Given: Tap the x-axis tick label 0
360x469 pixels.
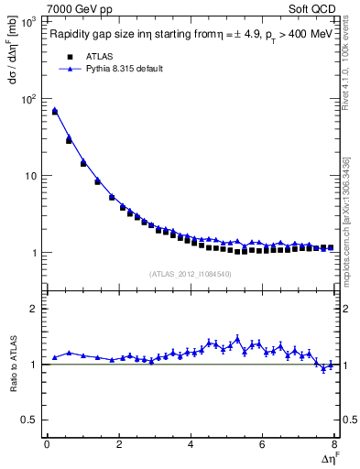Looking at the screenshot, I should [x=47, y=445].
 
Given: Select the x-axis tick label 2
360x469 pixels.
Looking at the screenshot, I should [x=119, y=445].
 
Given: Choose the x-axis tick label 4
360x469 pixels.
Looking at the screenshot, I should [x=191, y=445].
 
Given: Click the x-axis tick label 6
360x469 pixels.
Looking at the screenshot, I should [x=263, y=445].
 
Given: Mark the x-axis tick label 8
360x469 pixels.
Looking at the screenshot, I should [x=334, y=445].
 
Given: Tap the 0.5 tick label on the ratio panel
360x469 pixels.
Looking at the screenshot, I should [x=30, y=420].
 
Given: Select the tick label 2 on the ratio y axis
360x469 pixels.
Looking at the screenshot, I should [x=36, y=309].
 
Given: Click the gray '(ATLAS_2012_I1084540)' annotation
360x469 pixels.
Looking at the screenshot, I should [x=190, y=274].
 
